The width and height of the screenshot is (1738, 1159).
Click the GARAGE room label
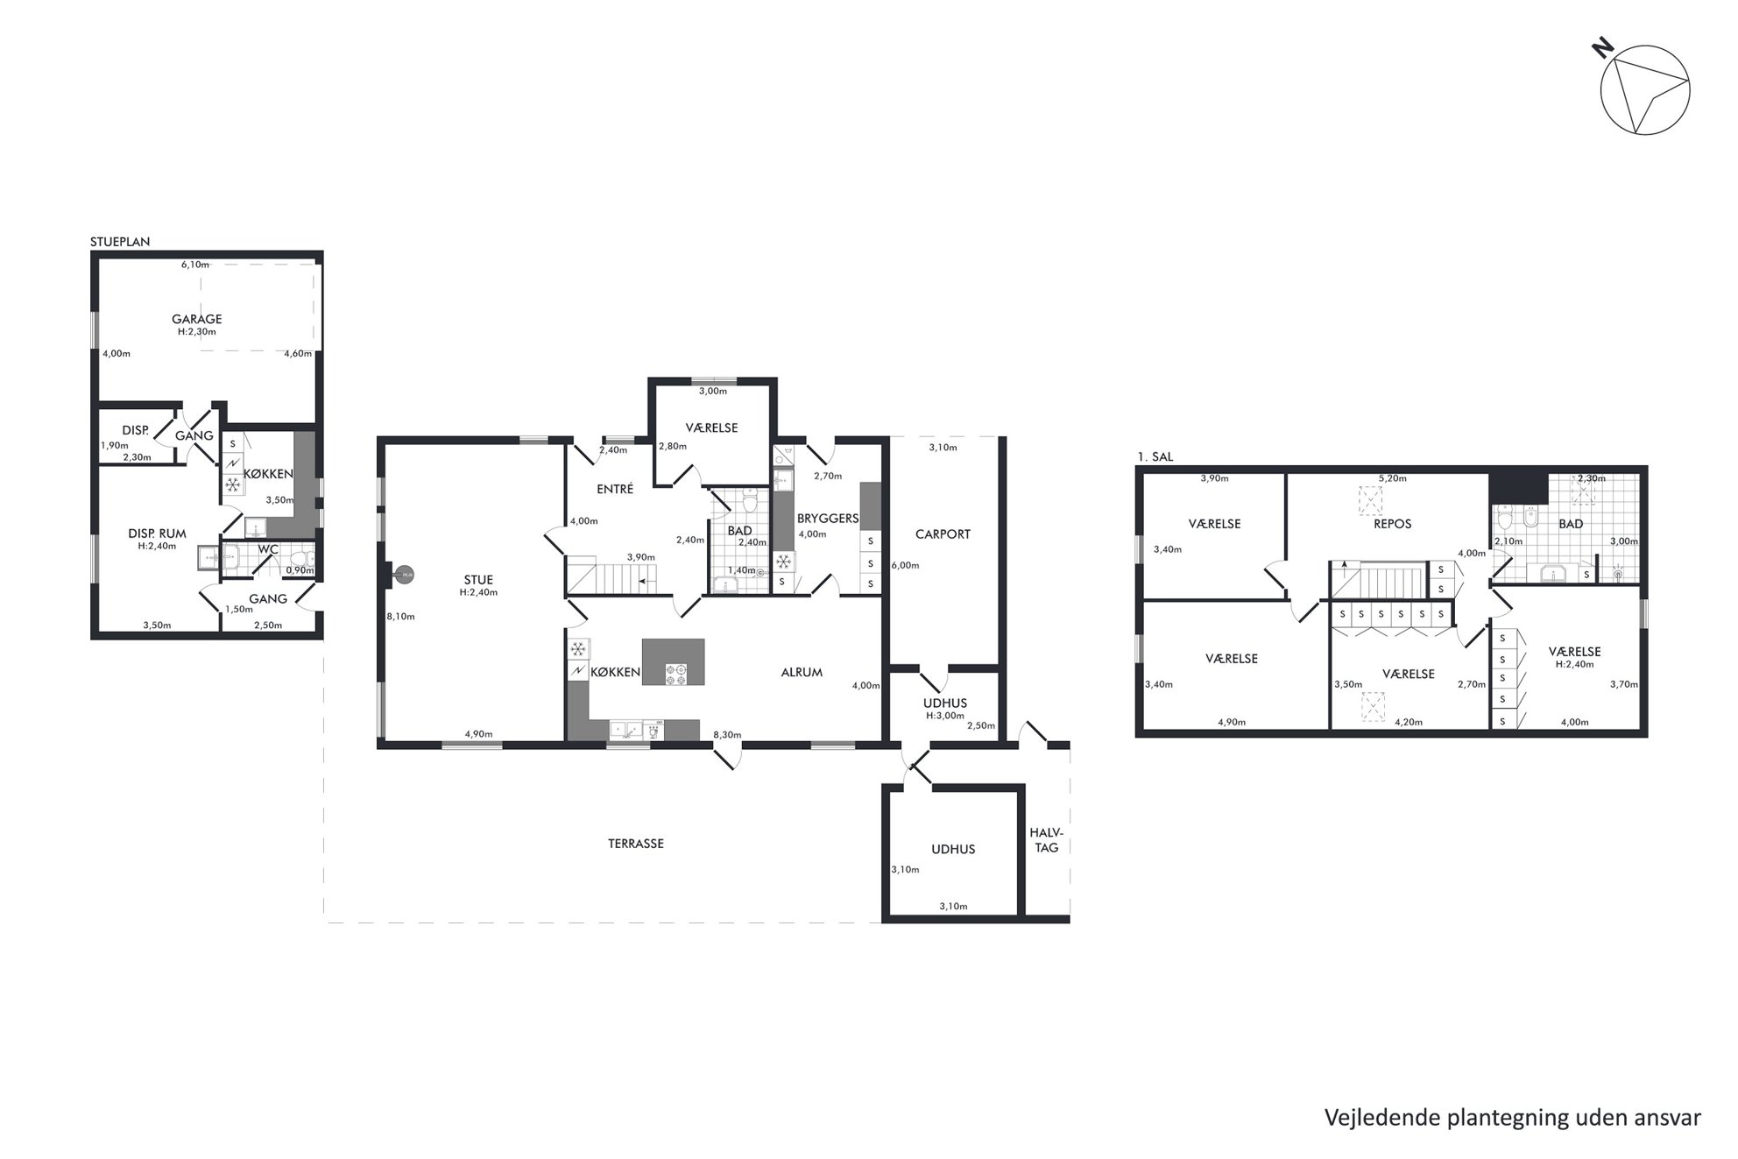pos(196,319)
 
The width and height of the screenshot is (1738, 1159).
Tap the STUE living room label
pos(478,580)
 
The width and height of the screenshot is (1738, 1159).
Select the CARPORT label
pos(943,534)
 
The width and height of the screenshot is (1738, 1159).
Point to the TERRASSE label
pos(636,844)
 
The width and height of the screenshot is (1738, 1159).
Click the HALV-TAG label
pos(1046,840)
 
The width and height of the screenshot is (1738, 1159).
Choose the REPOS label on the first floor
pos(1393,524)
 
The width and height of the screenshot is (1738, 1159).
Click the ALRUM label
pos(802,673)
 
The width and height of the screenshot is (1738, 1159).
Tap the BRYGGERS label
pos(828,519)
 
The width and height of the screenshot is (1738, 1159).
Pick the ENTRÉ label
pos(615,490)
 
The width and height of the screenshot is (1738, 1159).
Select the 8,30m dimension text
pos(727,735)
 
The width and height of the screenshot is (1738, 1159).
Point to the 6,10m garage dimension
pos(195,265)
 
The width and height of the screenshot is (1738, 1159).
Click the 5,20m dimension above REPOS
pos(1393,479)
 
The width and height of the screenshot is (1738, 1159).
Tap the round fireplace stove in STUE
pos(404,575)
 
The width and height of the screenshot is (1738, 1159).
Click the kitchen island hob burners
pos(675,674)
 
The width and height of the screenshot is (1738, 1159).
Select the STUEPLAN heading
pos(120,243)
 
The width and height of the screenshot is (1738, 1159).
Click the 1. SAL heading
pos(1155,457)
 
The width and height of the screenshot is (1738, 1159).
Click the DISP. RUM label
pos(157,534)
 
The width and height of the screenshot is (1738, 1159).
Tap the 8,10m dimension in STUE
pos(400,617)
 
